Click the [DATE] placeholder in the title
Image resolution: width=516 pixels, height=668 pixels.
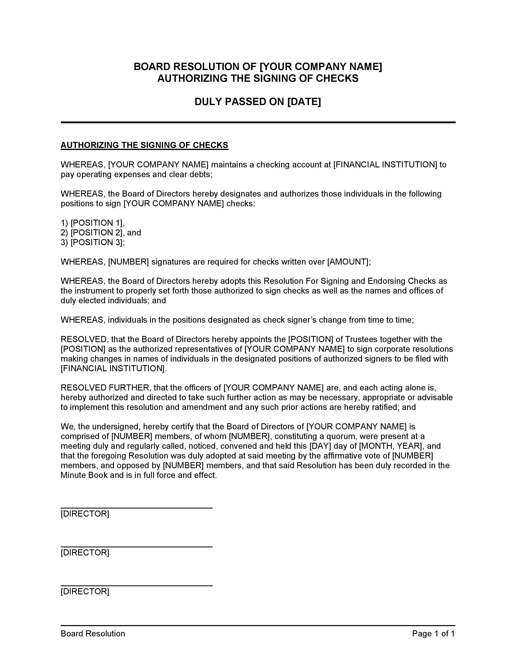coord(304,102)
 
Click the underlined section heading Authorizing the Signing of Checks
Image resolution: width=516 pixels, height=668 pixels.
coord(144,145)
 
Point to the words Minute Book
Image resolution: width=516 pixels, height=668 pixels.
coord(84,475)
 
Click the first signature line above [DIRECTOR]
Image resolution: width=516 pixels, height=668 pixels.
coord(136,508)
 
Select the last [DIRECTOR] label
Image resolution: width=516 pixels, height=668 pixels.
coord(85,591)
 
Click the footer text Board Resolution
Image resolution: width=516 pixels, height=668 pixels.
coord(93,633)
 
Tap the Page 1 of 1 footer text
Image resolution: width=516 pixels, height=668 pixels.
coord(433,633)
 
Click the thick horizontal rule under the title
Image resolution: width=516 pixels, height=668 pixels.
coord(258,122)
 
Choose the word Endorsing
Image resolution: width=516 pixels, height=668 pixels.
coord(386,281)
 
